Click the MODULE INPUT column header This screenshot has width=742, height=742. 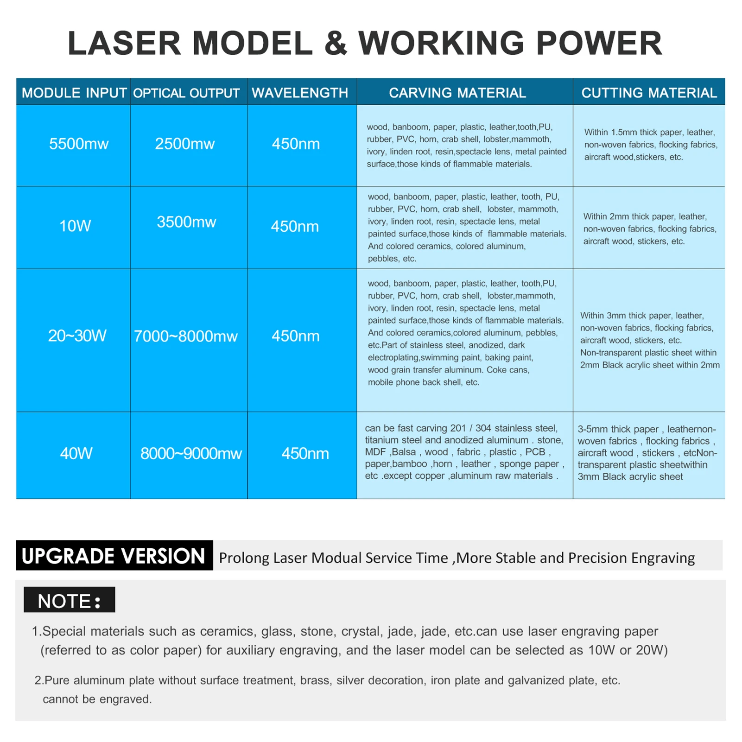pyautogui.click(x=74, y=93)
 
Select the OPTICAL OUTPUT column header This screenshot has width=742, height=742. pyautogui.click(x=186, y=93)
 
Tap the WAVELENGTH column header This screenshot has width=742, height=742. pyautogui.click(x=300, y=93)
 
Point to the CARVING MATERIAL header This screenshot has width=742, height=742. pyautogui.click(x=457, y=93)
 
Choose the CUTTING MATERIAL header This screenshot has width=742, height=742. pyautogui.click(x=649, y=93)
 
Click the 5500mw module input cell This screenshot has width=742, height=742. pyautogui.click(x=79, y=144)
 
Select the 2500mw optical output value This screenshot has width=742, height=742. pyautogui.click(x=184, y=144)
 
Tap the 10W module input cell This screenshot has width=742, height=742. pyautogui.click(x=75, y=226)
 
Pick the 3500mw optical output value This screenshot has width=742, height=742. pyautogui.click(x=186, y=222)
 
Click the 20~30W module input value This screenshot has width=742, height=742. pyautogui.click(x=77, y=336)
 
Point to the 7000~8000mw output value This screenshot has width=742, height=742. pyautogui.click(x=185, y=336)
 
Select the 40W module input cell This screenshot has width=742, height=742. pyautogui.click(x=76, y=453)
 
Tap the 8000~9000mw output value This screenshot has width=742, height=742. pyautogui.click(x=191, y=453)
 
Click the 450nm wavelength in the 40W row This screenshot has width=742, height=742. pyautogui.click(x=305, y=453)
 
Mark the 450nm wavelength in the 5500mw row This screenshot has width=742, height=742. pyautogui.click(x=296, y=144)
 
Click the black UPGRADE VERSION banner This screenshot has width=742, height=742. pyautogui.click(x=114, y=555)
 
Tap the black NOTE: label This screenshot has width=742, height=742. pyautogui.click(x=70, y=600)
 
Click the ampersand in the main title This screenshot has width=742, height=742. pyautogui.click(x=335, y=43)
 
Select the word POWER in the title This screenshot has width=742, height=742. pyautogui.click(x=599, y=43)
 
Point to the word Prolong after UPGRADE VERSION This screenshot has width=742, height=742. pyautogui.click(x=244, y=558)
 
